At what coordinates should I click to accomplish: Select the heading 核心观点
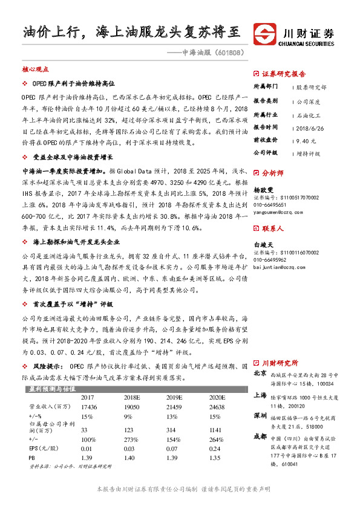coord(34,70)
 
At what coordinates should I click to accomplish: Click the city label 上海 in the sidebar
coord(260,394)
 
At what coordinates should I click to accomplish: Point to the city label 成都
coord(260,436)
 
